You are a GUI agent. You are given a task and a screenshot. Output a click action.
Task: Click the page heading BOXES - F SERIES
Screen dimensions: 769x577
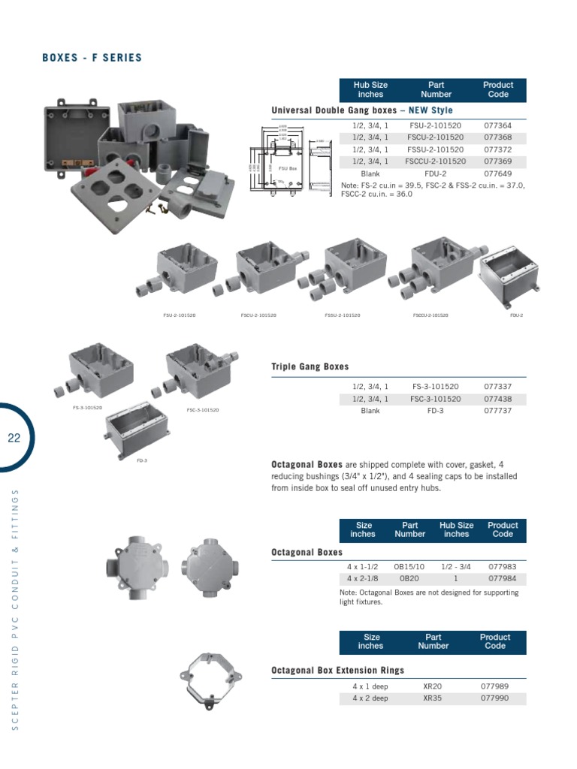click(92, 58)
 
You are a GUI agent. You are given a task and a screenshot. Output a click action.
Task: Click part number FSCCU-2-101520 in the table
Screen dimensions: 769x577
click(436, 161)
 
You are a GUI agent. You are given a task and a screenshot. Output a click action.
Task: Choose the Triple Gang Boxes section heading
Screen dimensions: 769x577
click(310, 367)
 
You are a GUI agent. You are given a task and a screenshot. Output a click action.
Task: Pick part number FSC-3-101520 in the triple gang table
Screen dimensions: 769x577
click(436, 399)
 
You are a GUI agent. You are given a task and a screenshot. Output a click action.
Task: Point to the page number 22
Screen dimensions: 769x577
click(14, 439)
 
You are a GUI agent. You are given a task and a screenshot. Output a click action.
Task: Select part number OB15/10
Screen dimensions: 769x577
click(409, 567)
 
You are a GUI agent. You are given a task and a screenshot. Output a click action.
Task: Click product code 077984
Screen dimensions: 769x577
click(503, 579)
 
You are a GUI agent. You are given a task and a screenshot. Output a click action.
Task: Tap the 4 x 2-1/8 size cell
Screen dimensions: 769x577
click(363, 579)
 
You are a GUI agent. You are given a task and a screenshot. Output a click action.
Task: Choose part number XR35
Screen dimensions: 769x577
click(433, 698)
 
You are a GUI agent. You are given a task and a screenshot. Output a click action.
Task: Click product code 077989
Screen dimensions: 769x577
click(494, 686)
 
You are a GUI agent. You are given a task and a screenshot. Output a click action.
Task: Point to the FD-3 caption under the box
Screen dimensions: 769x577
click(141, 460)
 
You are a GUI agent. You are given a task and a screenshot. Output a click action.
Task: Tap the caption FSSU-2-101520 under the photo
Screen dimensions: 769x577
click(343, 315)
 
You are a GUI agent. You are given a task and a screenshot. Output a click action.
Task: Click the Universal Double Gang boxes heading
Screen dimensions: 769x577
click(361, 110)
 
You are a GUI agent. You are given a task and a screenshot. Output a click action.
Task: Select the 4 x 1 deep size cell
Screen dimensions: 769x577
click(370, 686)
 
